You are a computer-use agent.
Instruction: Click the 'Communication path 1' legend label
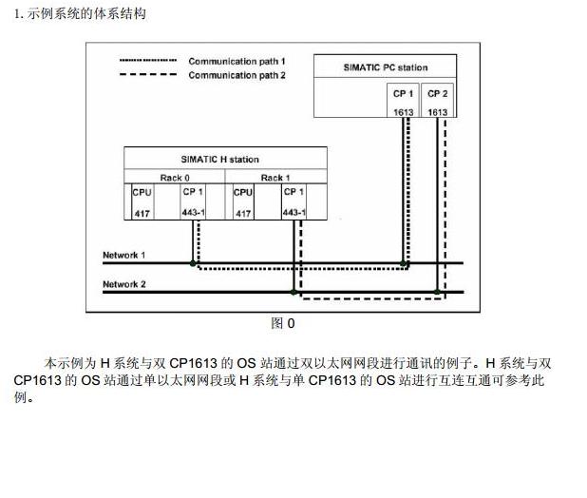237,61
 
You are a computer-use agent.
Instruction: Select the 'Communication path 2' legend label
237,75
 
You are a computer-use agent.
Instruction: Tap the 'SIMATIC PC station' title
385,67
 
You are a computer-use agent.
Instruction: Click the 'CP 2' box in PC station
437,102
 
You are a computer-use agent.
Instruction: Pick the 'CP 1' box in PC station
403,102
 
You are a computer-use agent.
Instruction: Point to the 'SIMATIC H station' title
219,159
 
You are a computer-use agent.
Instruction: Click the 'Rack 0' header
175,177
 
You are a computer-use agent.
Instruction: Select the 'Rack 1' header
275,177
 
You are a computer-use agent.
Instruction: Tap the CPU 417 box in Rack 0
142,201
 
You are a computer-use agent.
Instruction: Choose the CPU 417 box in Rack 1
243,201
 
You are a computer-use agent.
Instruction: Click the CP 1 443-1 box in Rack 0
193,201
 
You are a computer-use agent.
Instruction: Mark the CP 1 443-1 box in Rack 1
293,201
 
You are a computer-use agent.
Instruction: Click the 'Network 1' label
123,256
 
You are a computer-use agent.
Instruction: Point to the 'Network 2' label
123,284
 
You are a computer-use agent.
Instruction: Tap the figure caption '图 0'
283,323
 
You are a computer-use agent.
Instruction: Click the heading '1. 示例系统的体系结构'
80,13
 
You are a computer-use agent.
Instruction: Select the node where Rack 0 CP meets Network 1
193,262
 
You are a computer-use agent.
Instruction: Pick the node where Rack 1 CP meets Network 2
294,292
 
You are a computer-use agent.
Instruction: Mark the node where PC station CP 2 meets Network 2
437,292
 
